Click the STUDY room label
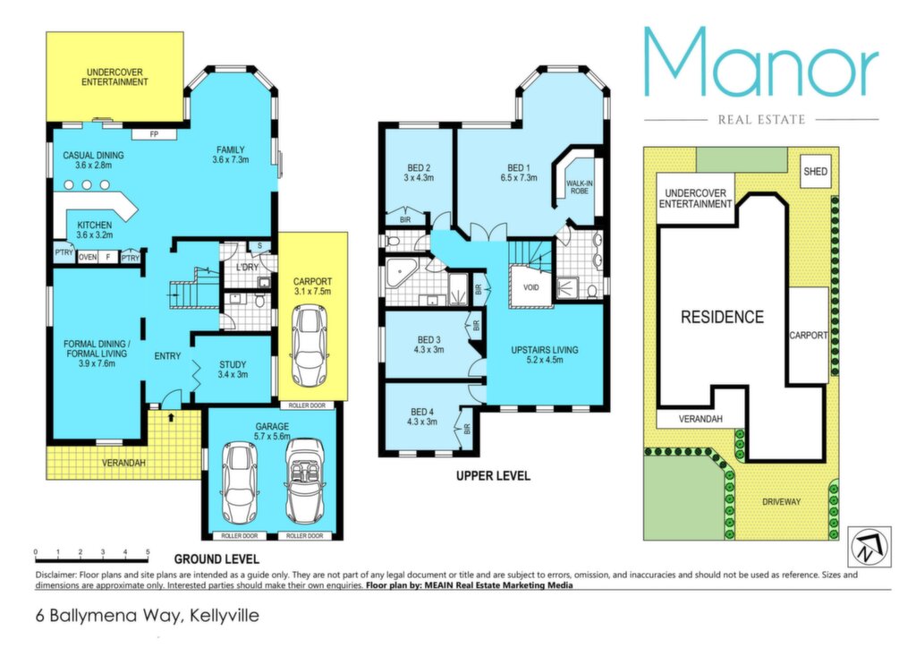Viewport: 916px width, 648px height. [x=233, y=364]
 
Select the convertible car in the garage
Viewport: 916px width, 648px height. [x=304, y=482]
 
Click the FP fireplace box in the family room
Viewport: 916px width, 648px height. [x=154, y=135]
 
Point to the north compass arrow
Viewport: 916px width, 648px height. [x=869, y=547]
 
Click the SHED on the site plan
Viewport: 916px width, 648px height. [x=815, y=171]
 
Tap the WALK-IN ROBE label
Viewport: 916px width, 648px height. [x=580, y=187]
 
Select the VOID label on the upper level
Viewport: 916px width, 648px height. [x=531, y=287]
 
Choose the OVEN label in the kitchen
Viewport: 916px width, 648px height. [x=88, y=257]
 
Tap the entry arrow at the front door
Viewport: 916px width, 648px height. [x=171, y=417]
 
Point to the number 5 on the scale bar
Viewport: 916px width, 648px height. [x=148, y=551]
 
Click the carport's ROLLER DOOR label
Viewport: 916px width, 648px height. [x=307, y=405]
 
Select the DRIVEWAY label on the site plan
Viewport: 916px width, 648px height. [x=781, y=501]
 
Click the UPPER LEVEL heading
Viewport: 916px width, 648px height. [x=493, y=476]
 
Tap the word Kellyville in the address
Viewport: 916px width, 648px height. [x=225, y=616]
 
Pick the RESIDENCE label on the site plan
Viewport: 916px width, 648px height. [x=722, y=317]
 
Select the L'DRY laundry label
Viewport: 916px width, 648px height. [x=247, y=267]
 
